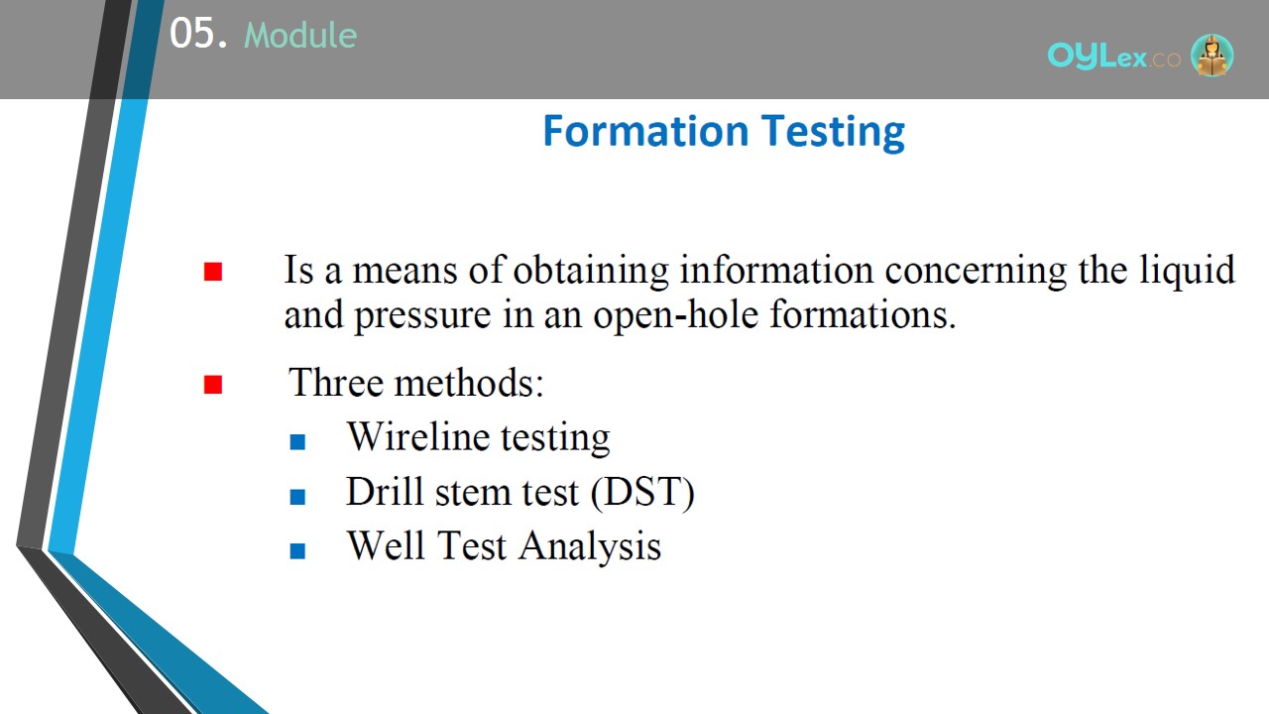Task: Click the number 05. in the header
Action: (x=198, y=33)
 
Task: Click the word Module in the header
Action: (x=300, y=35)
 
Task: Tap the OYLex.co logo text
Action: (x=1113, y=57)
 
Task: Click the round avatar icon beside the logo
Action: (x=1211, y=55)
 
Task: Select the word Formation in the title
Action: (x=645, y=131)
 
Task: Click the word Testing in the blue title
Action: (x=833, y=133)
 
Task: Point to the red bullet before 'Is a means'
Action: (x=213, y=272)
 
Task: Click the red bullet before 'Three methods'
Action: (x=213, y=384)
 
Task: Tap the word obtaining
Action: (x=591, y=271)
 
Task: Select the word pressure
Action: (x=422, y=315)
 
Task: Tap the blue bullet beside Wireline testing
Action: (x=297, y=442)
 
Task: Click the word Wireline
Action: (x=418, y=436)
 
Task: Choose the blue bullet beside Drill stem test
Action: (x=297, y=497)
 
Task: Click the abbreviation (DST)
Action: (x=642, y=493)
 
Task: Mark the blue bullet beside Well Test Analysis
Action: (x=297, y=550)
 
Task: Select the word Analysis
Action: (x=590, y=546)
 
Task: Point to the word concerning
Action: (x=976, y=271)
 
